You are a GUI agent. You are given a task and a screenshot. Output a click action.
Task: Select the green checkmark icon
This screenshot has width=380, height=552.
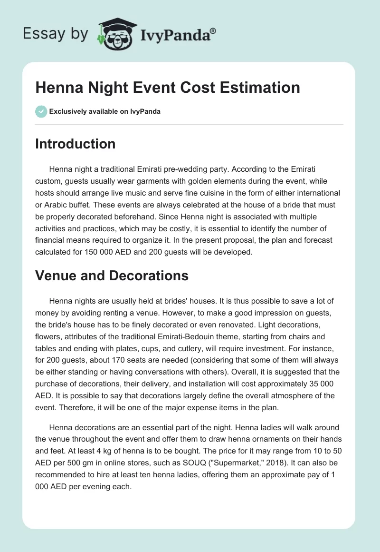[x=41, y=111]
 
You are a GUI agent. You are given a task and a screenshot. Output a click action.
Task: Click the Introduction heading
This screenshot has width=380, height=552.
[x=75, y=144]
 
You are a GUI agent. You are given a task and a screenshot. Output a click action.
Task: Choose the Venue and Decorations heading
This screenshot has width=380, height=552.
[x=112, y=276]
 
